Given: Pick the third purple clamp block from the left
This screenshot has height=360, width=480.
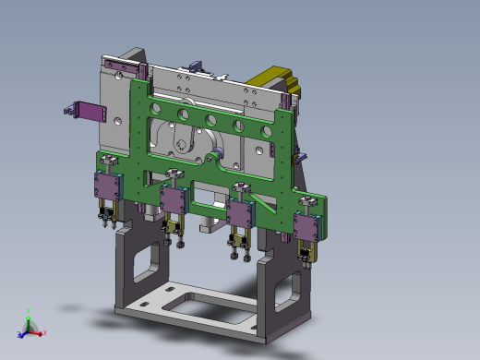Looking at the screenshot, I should coord(242,211).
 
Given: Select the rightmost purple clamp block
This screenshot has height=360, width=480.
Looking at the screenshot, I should coord(308,224).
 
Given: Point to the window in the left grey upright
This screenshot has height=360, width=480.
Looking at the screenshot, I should coord(144,263).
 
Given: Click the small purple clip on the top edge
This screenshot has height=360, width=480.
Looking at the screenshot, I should coord(196,66).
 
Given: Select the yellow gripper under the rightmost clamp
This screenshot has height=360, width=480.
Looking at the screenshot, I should coord(309,252).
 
